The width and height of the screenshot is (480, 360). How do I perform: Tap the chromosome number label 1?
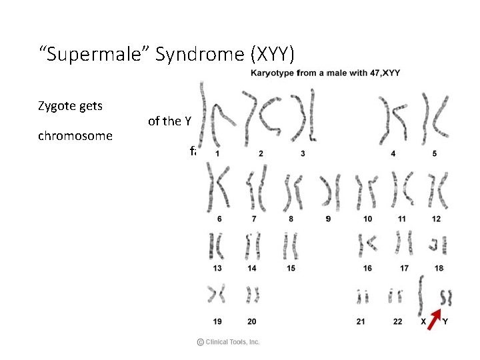coord(217,153)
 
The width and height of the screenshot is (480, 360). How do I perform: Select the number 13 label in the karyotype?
coord(217,269)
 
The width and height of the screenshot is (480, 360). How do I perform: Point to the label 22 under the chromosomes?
coord(397,322)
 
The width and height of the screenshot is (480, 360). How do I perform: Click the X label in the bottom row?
coord(423,322)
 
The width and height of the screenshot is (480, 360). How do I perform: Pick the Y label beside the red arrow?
coord(445,322)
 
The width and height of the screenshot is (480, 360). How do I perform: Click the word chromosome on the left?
coord(75,136)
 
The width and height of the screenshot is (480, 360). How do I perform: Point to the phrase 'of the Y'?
coord(169,121)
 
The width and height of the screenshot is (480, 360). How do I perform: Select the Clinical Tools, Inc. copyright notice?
coord(228,342)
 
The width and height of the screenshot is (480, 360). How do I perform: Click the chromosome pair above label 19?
coord(217,293)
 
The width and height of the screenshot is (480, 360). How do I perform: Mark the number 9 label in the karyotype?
coord(328,219)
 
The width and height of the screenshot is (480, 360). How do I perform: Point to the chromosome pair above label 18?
coord(437,245)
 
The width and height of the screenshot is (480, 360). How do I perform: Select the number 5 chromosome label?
coord(435,153)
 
